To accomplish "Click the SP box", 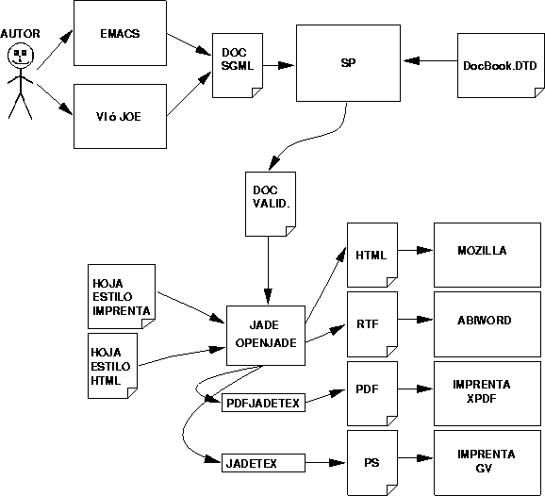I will click(x=347, y=64).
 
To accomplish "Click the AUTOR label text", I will click(x=21, y=33).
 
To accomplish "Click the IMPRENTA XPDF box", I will click(x=483, y=391).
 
